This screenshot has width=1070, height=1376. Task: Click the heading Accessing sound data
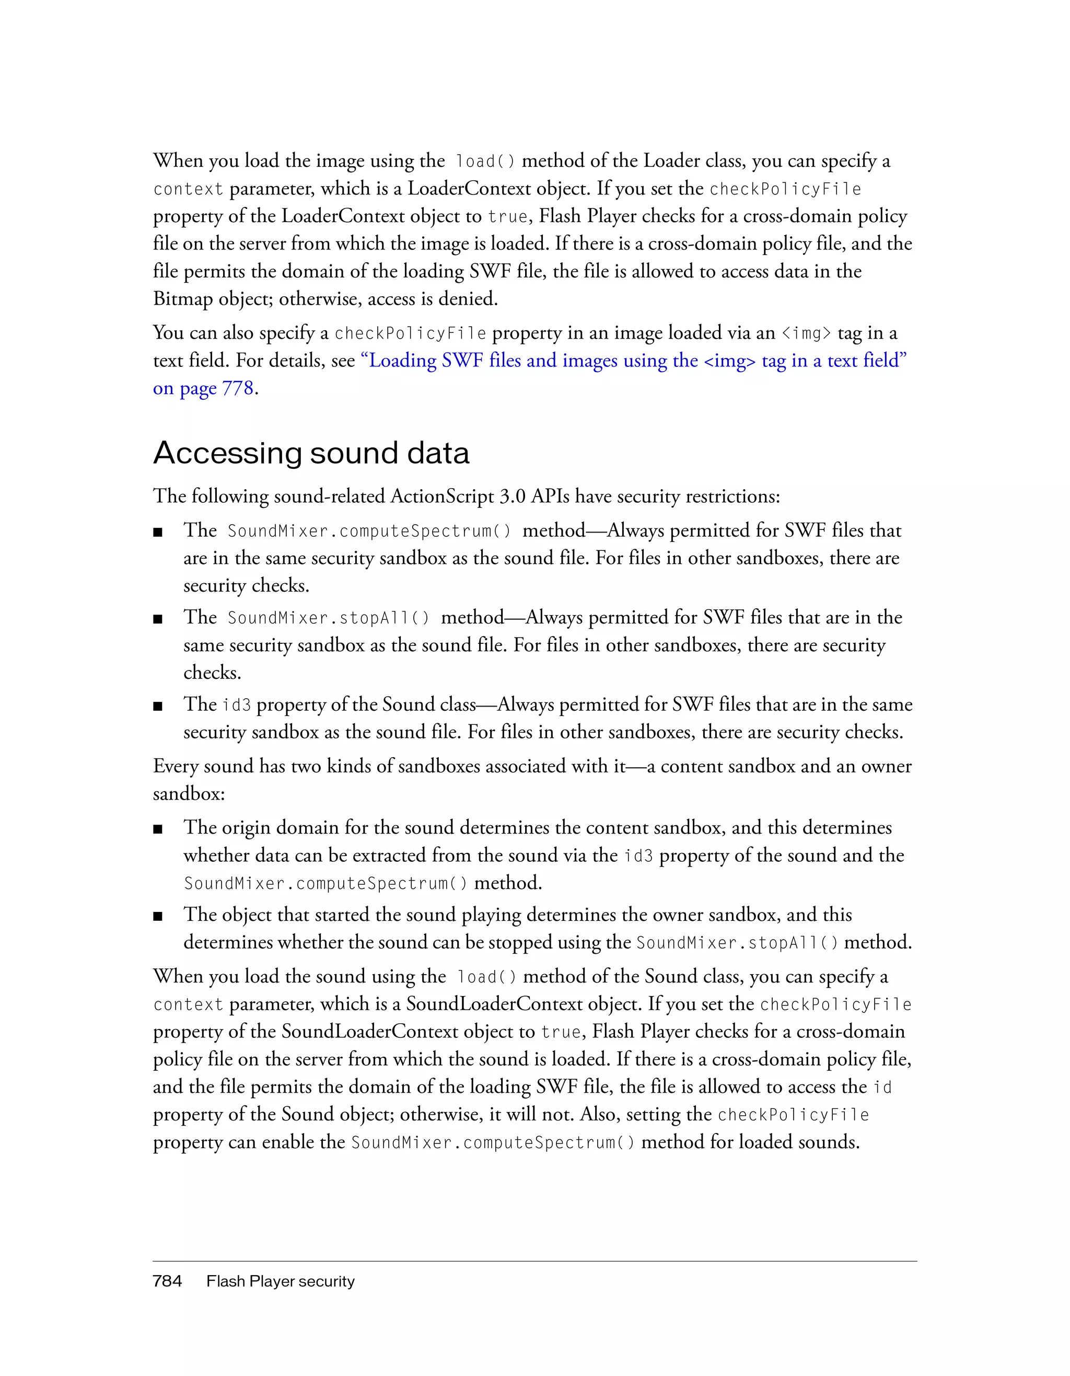click(311, 454)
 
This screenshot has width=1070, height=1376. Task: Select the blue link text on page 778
click(203, 388)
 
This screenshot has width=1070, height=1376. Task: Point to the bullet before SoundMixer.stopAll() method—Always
click(158, 619)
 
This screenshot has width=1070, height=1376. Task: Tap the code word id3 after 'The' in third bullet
click(236, 705)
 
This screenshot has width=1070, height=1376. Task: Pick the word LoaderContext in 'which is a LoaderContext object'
click(469, 188)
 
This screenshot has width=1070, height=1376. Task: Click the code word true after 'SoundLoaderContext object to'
click(561, 1032)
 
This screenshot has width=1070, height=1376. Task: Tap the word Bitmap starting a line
click(183, 298)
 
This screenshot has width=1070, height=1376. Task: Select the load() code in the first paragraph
click(484, 162)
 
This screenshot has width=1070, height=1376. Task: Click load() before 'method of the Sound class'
click(485, 977)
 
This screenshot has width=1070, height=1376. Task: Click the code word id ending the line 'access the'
click(882, 1088)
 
